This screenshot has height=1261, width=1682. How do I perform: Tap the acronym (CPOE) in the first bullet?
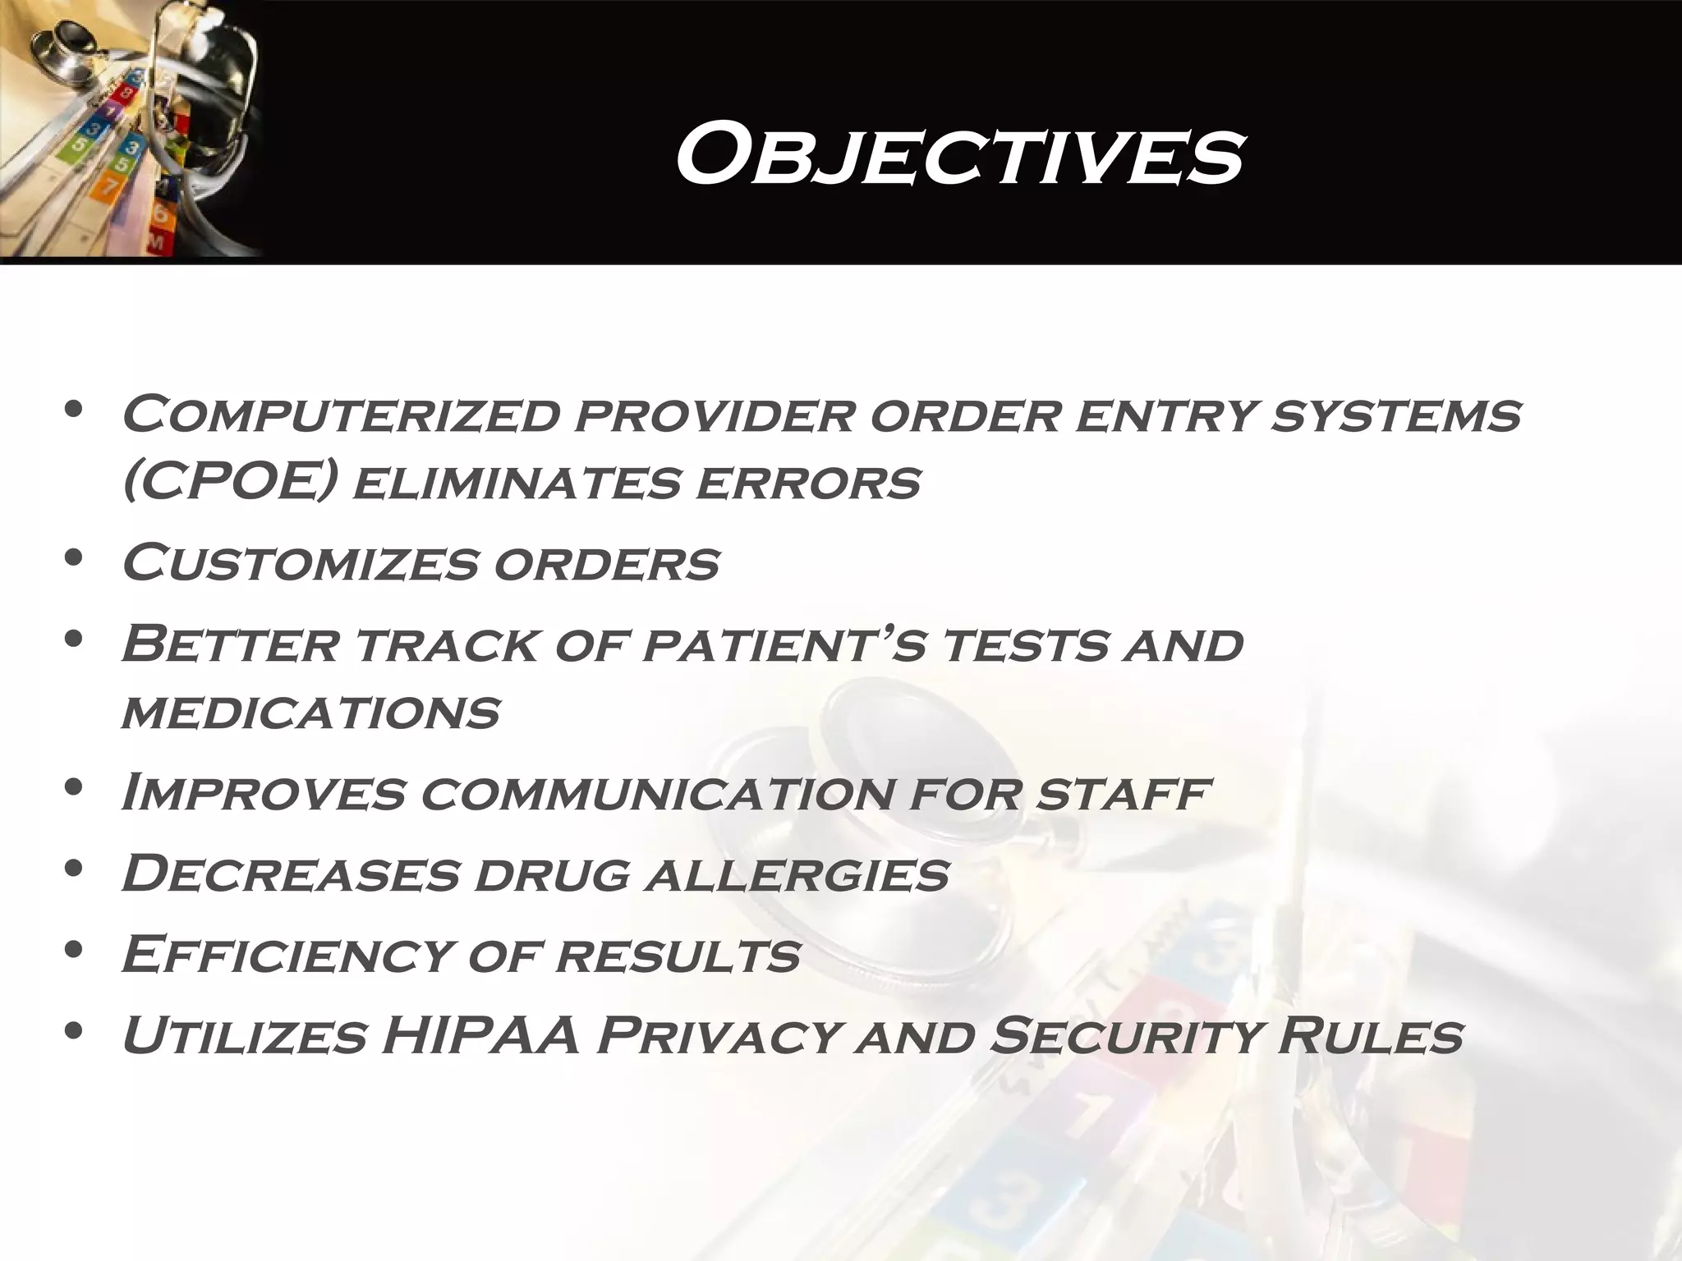pos(229,483)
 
